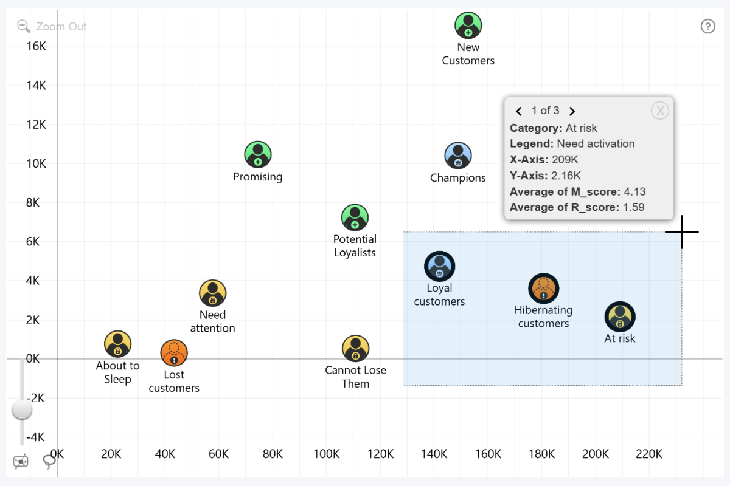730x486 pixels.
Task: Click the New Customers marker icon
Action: [468, 26]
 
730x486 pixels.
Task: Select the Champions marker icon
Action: [457, 156]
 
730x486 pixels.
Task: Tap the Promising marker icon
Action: [258, 155]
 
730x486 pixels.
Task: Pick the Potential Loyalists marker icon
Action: [355, 217]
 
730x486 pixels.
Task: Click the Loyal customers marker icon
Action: [439, 266]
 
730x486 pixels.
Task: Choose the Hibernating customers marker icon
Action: [543, 288]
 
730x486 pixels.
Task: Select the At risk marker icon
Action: [619, 317]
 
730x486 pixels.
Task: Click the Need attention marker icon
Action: [212, 293]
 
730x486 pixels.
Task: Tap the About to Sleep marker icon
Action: [117, 344]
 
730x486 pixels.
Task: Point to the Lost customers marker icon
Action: [174, 353]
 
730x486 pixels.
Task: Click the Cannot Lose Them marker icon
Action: [355, 349]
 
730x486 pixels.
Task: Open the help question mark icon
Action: [707, 26]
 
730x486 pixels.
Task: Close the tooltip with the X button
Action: [659, 110]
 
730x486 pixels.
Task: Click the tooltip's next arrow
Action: [572, 111]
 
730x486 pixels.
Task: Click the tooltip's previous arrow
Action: [519, 111]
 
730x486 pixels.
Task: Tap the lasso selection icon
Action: [49, 462]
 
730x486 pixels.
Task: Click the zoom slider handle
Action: [23, 410]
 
